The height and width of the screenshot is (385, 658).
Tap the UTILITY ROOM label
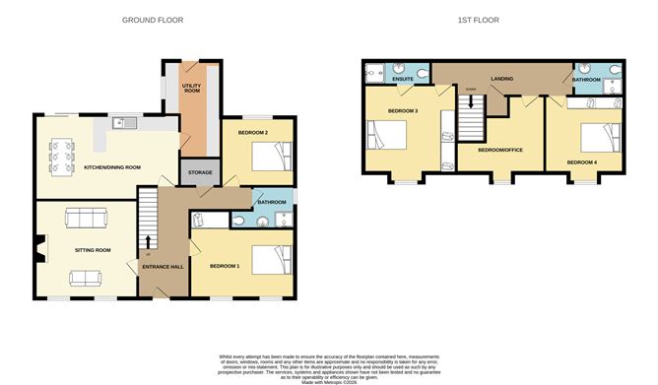[191, 88]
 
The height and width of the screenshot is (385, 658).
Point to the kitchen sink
[120, 123]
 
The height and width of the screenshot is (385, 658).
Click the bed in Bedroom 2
[267, 156]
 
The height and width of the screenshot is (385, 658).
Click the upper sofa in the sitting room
[79, 218]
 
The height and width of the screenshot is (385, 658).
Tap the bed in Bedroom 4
[600, 137]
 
